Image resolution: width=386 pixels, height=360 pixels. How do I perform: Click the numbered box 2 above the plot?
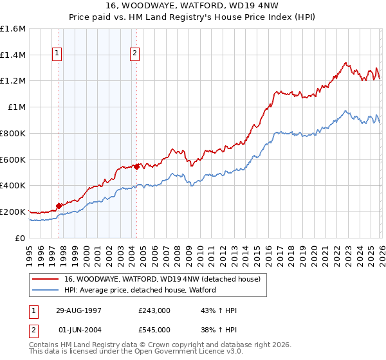tap(135, 54)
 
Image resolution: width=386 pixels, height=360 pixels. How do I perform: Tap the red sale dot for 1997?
tap(59, 206)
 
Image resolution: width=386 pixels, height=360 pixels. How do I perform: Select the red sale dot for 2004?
tap(136, 166)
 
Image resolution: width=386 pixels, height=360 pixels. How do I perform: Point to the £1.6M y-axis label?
tap(13, 29)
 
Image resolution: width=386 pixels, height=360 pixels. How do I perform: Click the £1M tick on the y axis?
tap(17, 107)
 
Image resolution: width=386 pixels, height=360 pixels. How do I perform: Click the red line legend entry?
tap(161, 279)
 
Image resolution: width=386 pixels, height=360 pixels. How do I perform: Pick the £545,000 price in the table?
tap(154, 330)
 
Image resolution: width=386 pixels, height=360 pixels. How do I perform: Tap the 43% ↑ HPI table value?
tap(219, 310)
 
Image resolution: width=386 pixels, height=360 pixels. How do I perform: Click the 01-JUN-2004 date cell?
tap(80, 330)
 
